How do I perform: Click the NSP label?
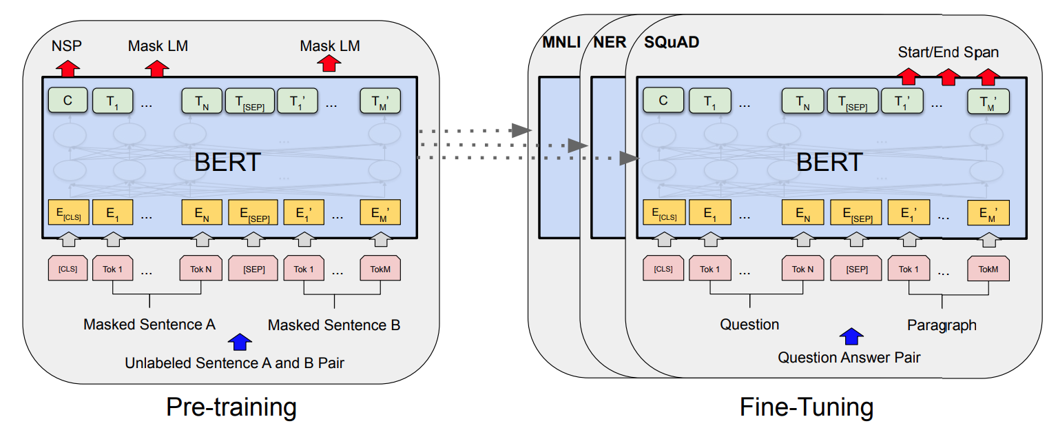67,45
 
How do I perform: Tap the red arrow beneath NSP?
68,68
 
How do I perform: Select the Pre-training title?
231,407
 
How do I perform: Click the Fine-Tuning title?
807,407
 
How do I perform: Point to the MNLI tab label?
561,43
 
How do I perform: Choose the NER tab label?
610,43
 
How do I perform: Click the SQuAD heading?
672,43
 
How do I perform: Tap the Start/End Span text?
948,52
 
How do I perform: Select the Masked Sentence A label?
149,325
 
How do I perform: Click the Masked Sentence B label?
334,325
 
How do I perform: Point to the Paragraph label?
942,325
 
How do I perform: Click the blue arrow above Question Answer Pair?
851,336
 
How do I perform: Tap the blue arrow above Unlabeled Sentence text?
240,342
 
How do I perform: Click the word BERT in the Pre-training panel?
227,162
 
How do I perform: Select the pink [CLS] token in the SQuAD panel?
663,269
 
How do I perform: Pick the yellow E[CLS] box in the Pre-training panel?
68,212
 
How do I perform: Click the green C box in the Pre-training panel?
68,100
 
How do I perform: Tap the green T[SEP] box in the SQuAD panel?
853,101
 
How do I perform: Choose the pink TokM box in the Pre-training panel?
380,269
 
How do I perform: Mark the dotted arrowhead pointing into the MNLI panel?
521,130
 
